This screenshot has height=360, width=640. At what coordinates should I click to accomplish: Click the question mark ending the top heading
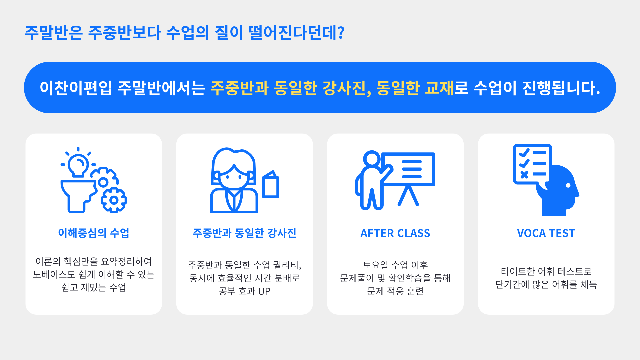click(x=341, y=33)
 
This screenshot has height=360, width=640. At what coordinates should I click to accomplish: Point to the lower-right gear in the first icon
click(x=114, y=200)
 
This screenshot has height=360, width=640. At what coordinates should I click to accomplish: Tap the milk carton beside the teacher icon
click(x=270, y=184)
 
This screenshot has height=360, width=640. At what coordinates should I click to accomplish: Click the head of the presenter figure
click(x=372, y=159)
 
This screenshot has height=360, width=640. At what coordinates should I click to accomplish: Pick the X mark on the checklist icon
click(x=524, y=175)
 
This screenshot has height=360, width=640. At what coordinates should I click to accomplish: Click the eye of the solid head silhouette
click(x=568, y=185)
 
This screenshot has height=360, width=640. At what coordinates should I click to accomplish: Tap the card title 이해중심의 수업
click(x=94, y=233)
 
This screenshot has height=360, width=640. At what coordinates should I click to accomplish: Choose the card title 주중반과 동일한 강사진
click(x=244, y=233)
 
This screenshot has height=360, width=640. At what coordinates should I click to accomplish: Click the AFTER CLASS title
click(x=395, y=233)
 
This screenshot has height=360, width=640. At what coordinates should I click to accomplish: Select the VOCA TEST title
click(x=546, y=233)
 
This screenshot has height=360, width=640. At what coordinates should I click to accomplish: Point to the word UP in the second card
click(x=264, y=291)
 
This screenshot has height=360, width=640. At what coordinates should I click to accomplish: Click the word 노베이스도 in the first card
click(x=54, y=274)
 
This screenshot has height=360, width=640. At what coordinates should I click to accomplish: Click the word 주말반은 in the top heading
click(x=54, y=33)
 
